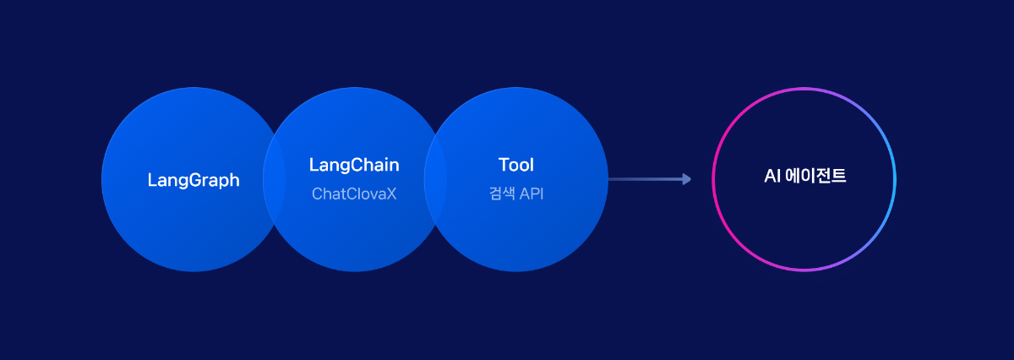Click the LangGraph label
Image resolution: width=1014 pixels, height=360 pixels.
194,180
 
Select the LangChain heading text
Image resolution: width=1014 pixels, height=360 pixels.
354,165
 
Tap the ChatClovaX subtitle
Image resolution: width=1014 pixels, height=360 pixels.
354,194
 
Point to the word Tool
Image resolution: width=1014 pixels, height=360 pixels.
516,165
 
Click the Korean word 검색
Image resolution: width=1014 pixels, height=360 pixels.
502,194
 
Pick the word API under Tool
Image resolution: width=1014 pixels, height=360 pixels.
532,194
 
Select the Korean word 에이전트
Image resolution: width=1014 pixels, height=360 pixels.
815,176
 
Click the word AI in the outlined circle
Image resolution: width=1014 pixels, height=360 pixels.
772,176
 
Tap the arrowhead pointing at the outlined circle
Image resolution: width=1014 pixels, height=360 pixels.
687,179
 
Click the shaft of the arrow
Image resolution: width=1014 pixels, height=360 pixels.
646,179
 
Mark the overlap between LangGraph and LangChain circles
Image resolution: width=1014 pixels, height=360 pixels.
275,179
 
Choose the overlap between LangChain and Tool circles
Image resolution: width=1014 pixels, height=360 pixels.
435,179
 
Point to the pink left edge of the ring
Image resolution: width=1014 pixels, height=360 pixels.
713,179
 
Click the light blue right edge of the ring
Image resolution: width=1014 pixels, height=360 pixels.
895,179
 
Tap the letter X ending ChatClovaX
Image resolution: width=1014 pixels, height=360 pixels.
391,194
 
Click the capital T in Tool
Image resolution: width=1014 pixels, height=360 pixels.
504,165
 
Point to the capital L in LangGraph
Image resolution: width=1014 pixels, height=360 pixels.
152,180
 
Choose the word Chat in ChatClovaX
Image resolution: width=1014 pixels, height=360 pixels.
328,194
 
